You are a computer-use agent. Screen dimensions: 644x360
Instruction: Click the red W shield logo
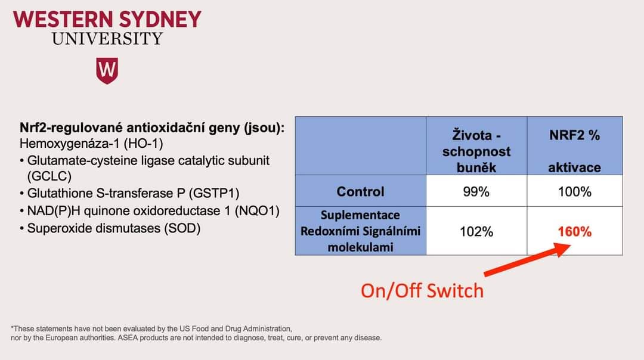(x=107, y=70)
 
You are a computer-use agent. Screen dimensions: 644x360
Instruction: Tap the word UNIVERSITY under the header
(x=107, y=39)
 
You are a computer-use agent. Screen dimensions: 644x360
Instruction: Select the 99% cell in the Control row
(x=476, y=191)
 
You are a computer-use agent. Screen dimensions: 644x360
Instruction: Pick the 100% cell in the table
(x=575, y=191)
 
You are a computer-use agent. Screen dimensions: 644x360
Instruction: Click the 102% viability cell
(x=476, y=231)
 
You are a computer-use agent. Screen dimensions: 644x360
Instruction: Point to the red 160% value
(x=575, y=231)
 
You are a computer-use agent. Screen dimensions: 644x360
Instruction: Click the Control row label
(x=360, y=191)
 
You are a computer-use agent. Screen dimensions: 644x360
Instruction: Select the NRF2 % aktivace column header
(x=575, y=151)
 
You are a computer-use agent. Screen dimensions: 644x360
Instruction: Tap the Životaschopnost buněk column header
(x=476, y=151)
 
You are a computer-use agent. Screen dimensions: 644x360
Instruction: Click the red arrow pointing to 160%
(x=527, y=260)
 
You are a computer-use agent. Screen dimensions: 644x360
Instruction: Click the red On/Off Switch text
(x=422, y=291)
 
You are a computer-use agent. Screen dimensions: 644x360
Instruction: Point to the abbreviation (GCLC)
(x=49, y=176)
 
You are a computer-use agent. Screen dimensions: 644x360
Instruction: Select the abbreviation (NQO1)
(x=256, y=210)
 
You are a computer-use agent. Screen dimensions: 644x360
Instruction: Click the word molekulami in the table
(x=360, y=247)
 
